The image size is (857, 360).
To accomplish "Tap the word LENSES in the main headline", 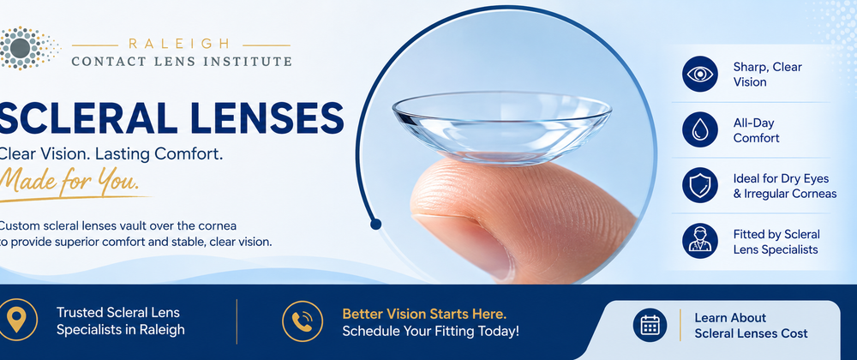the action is (x=261, y=117).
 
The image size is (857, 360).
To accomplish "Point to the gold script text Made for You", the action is (x=69, y=178).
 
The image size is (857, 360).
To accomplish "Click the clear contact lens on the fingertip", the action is (x=501, y=128).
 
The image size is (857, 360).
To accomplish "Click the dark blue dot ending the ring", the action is (x=375, y=224).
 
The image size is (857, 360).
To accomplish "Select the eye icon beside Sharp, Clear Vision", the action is (x=699, y=74).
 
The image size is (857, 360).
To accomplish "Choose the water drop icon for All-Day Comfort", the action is (x=699, y=130).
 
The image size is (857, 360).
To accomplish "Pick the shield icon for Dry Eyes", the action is (x=699, y=185).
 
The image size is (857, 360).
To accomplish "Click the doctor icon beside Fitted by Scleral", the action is (x=699, y=241).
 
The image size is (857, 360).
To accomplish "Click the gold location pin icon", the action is (x=18, y=320).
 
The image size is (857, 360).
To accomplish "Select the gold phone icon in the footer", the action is (x=303, y=321).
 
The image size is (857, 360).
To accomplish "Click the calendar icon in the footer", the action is (x=650, y=325).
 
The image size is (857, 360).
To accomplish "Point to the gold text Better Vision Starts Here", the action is (x=424, y=314).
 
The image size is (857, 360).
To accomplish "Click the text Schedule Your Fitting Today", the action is (x=431, y=331).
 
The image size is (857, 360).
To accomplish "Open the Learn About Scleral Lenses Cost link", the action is (x=751, y=325).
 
